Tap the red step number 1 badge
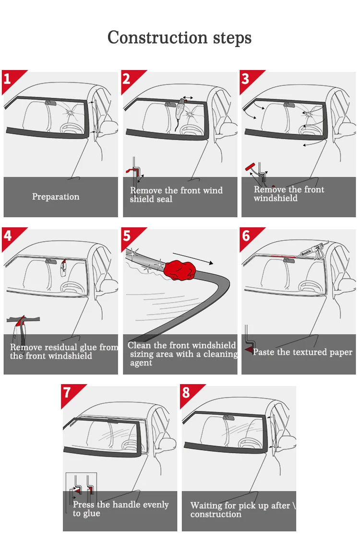coord(8,78)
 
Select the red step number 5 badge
coord(127,235)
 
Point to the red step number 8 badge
coord(186,392)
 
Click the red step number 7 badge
coord(67,392)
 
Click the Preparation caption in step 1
coord(56,197)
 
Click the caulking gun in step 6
coord(310,251)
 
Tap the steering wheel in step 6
coord(310,287)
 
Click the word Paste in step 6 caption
coord(264,352)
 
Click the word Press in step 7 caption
coord(84,505)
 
